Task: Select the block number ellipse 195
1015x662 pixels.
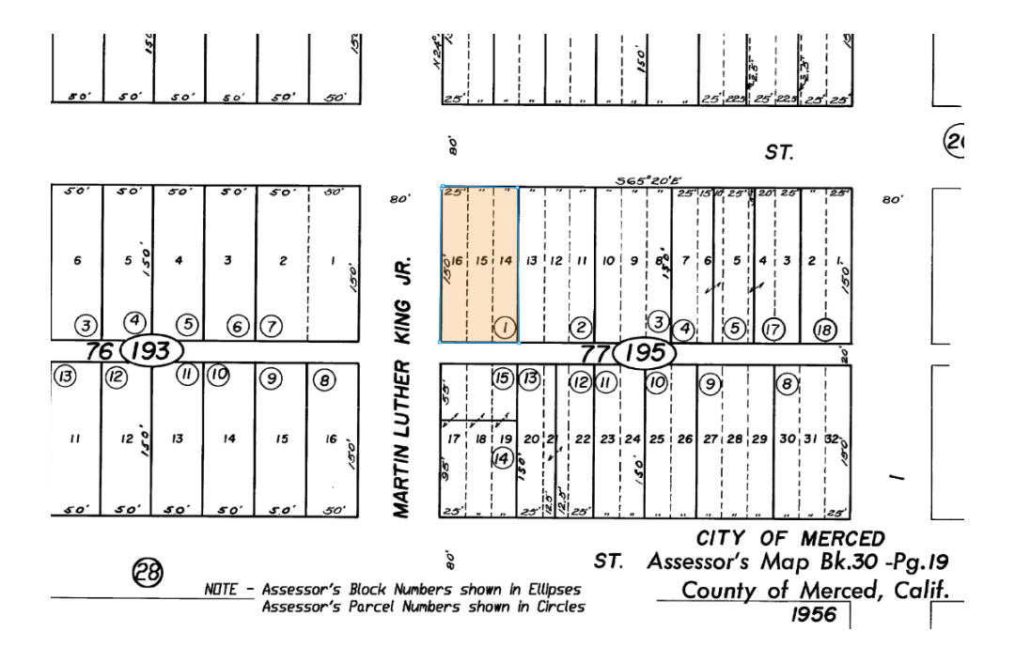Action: click(x=644, y=354)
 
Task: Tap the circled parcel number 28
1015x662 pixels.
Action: click(x=148, y=572)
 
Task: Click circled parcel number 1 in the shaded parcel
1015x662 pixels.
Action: click(x=505, y=327)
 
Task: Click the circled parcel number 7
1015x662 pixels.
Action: click(x=272, y=326)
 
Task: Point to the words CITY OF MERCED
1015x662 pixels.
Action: click(x=789, y=538)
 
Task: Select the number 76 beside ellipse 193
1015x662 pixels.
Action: click(x=99, y=352)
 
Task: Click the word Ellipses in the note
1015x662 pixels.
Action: click(x=550, y=590)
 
